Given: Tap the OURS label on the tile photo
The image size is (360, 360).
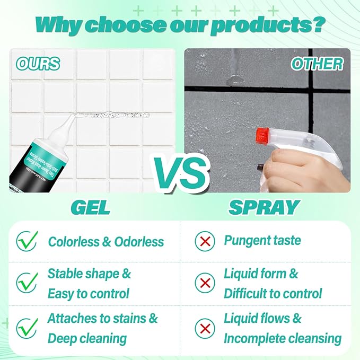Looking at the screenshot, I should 38,64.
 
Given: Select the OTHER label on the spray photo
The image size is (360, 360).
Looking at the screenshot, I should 317,64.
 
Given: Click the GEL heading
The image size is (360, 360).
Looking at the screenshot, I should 91,207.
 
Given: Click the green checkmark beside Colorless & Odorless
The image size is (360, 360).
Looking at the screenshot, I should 27,241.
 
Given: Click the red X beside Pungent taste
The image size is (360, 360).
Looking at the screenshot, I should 204,241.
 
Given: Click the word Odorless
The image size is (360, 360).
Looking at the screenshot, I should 139,242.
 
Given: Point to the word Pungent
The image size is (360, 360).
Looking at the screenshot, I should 247,241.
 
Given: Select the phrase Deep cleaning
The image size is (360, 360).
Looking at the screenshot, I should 87,338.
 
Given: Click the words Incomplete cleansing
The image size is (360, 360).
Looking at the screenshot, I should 283,338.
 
